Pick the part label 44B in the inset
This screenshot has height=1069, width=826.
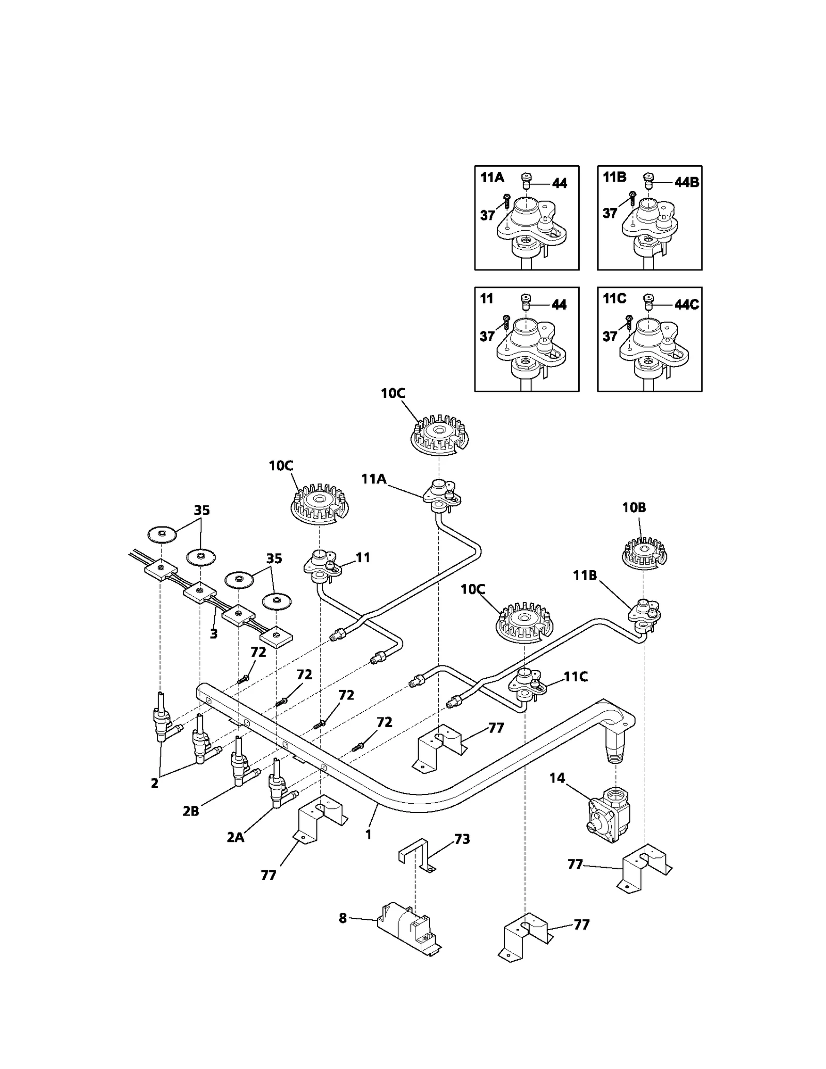686,182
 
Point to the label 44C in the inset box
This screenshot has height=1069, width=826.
686,305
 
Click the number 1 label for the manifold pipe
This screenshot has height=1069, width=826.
368,834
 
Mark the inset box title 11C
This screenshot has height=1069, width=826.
614,299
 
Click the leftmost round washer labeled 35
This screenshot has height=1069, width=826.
162,534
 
